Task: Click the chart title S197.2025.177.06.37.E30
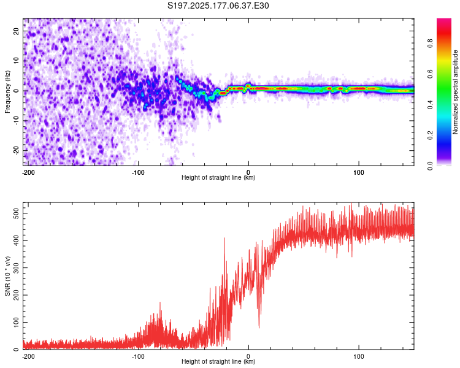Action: click(218, 6)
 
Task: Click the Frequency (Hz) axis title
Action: click(7, 92)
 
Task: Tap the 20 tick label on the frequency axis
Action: click(17, 31)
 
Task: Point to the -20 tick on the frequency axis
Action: click(17, 150)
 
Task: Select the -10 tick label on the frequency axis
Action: click(17, 121)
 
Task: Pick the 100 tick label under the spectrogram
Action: click(359, 172)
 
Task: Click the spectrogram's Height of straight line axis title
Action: click(218, 177)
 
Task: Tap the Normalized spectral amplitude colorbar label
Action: click(455, 92)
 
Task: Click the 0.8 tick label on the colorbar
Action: click(430, 44)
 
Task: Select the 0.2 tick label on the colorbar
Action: click(430, 136)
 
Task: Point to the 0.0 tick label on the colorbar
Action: click(430, 166)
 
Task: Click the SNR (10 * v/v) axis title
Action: click(7, 276)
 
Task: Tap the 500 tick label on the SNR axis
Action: click(17, 213)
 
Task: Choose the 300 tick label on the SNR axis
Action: click(17, 268)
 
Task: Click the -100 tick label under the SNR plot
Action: click(138, 356)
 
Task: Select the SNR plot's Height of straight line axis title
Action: click(218, 361)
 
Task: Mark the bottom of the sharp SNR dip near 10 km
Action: click(259, 328)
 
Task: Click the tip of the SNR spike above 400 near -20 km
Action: click(224, 238)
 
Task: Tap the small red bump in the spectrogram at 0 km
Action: click(248, 85)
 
